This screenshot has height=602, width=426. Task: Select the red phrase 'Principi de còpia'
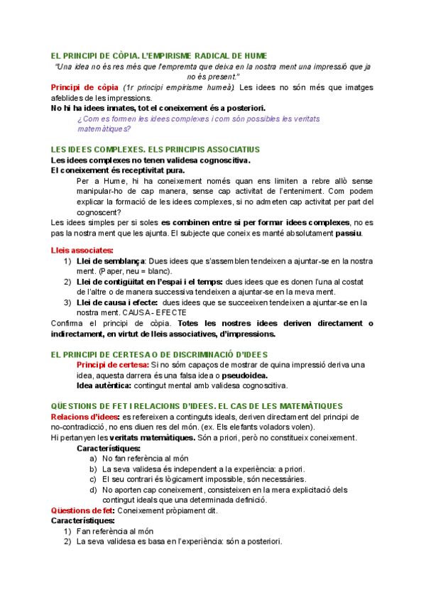79,87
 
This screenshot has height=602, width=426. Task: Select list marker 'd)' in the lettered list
94,490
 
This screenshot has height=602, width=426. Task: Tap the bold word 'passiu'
348,233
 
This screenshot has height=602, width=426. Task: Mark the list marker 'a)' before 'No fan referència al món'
94,459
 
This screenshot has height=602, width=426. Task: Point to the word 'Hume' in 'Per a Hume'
113,181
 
